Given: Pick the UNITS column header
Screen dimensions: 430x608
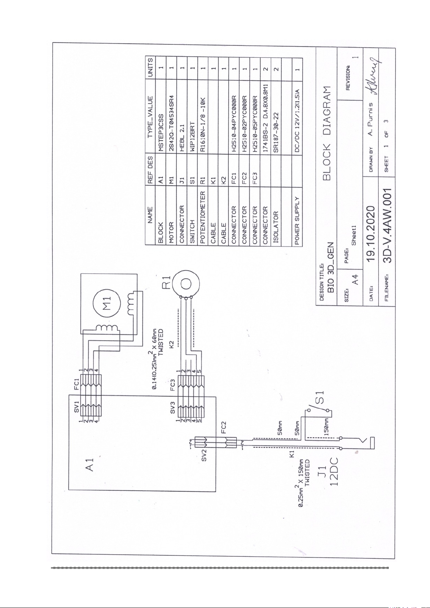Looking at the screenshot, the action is (x=150, y=67).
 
